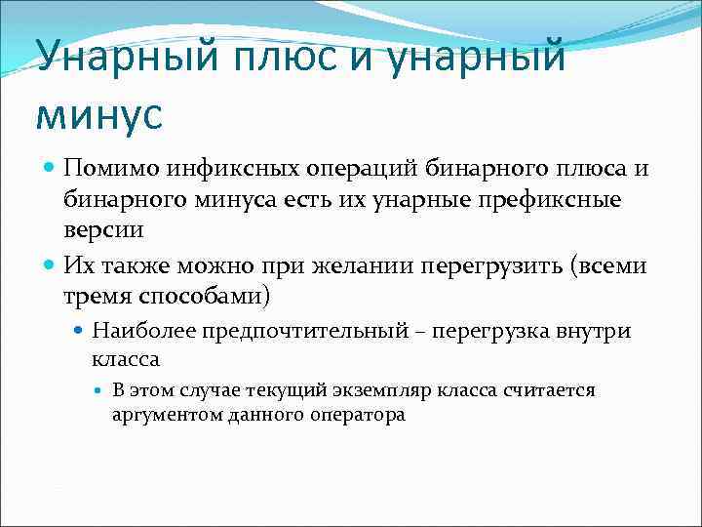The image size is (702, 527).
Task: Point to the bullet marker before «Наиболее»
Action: [x=79, y=332]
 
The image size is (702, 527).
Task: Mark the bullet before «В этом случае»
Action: [x=100, y=390]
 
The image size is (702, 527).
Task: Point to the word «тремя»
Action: [x=97, y=295]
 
